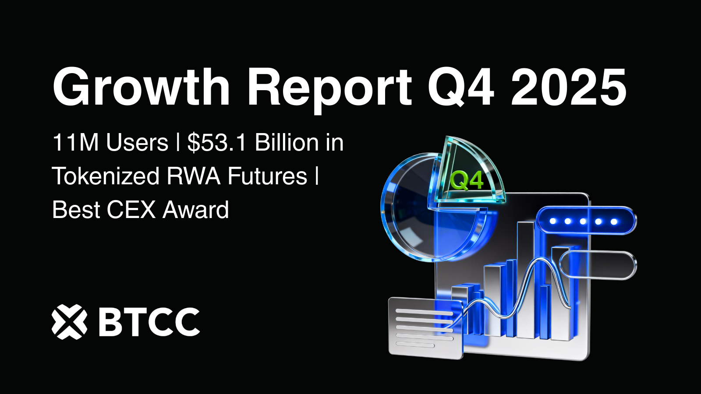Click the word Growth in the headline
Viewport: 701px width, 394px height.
pos(141,88)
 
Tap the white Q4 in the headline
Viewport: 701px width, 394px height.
pos(461,88)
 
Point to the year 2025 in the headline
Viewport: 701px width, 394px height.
pos(569,88)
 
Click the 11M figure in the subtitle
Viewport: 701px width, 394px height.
pos(75,143)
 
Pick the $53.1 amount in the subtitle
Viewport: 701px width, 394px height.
pos(217,143)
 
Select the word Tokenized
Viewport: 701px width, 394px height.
pos(106,176)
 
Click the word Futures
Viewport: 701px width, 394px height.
pos(267,176)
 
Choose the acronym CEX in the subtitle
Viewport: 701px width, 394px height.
pos(131,210)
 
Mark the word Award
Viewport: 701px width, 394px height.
pos(196,210)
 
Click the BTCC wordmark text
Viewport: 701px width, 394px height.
pos(149,322)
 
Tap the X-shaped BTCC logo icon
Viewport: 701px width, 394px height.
pos(69,322)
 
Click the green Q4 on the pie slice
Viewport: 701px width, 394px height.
pos(467,180)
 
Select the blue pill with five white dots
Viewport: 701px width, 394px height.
pos(586,221)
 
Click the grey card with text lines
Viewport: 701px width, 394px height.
pos(425,327)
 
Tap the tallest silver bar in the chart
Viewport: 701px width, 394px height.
pos(526,280)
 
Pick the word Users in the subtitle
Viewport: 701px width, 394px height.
pos(137,143)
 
